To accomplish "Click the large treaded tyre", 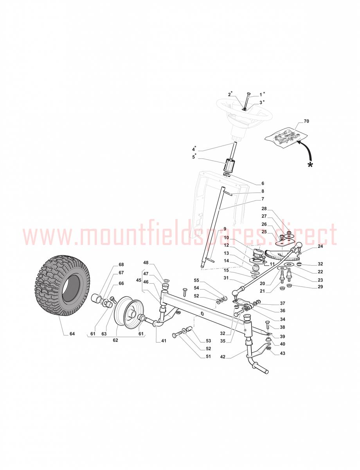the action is (x=62, y=285).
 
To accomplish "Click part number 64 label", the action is (x=72, y=334).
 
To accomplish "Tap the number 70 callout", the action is (x=306, y=121).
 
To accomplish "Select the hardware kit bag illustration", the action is (x=286, y=137).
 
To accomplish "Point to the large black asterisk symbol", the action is (x=310, y=164).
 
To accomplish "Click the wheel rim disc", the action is (x=127, y=312).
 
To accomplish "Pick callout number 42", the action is (x=223, y=357).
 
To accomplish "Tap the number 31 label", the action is (x=226, y=278).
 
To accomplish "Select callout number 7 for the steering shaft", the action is (x=263, y=199).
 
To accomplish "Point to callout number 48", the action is (x=146, y=262).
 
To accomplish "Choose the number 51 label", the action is (x=208, y=356).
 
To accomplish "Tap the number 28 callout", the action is (x=264, y=208).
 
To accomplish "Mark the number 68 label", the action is (x=121, y=264).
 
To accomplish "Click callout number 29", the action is (x=320, y=287).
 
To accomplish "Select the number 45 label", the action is (x=139, y=280).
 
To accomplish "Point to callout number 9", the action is (x=225, y=229).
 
